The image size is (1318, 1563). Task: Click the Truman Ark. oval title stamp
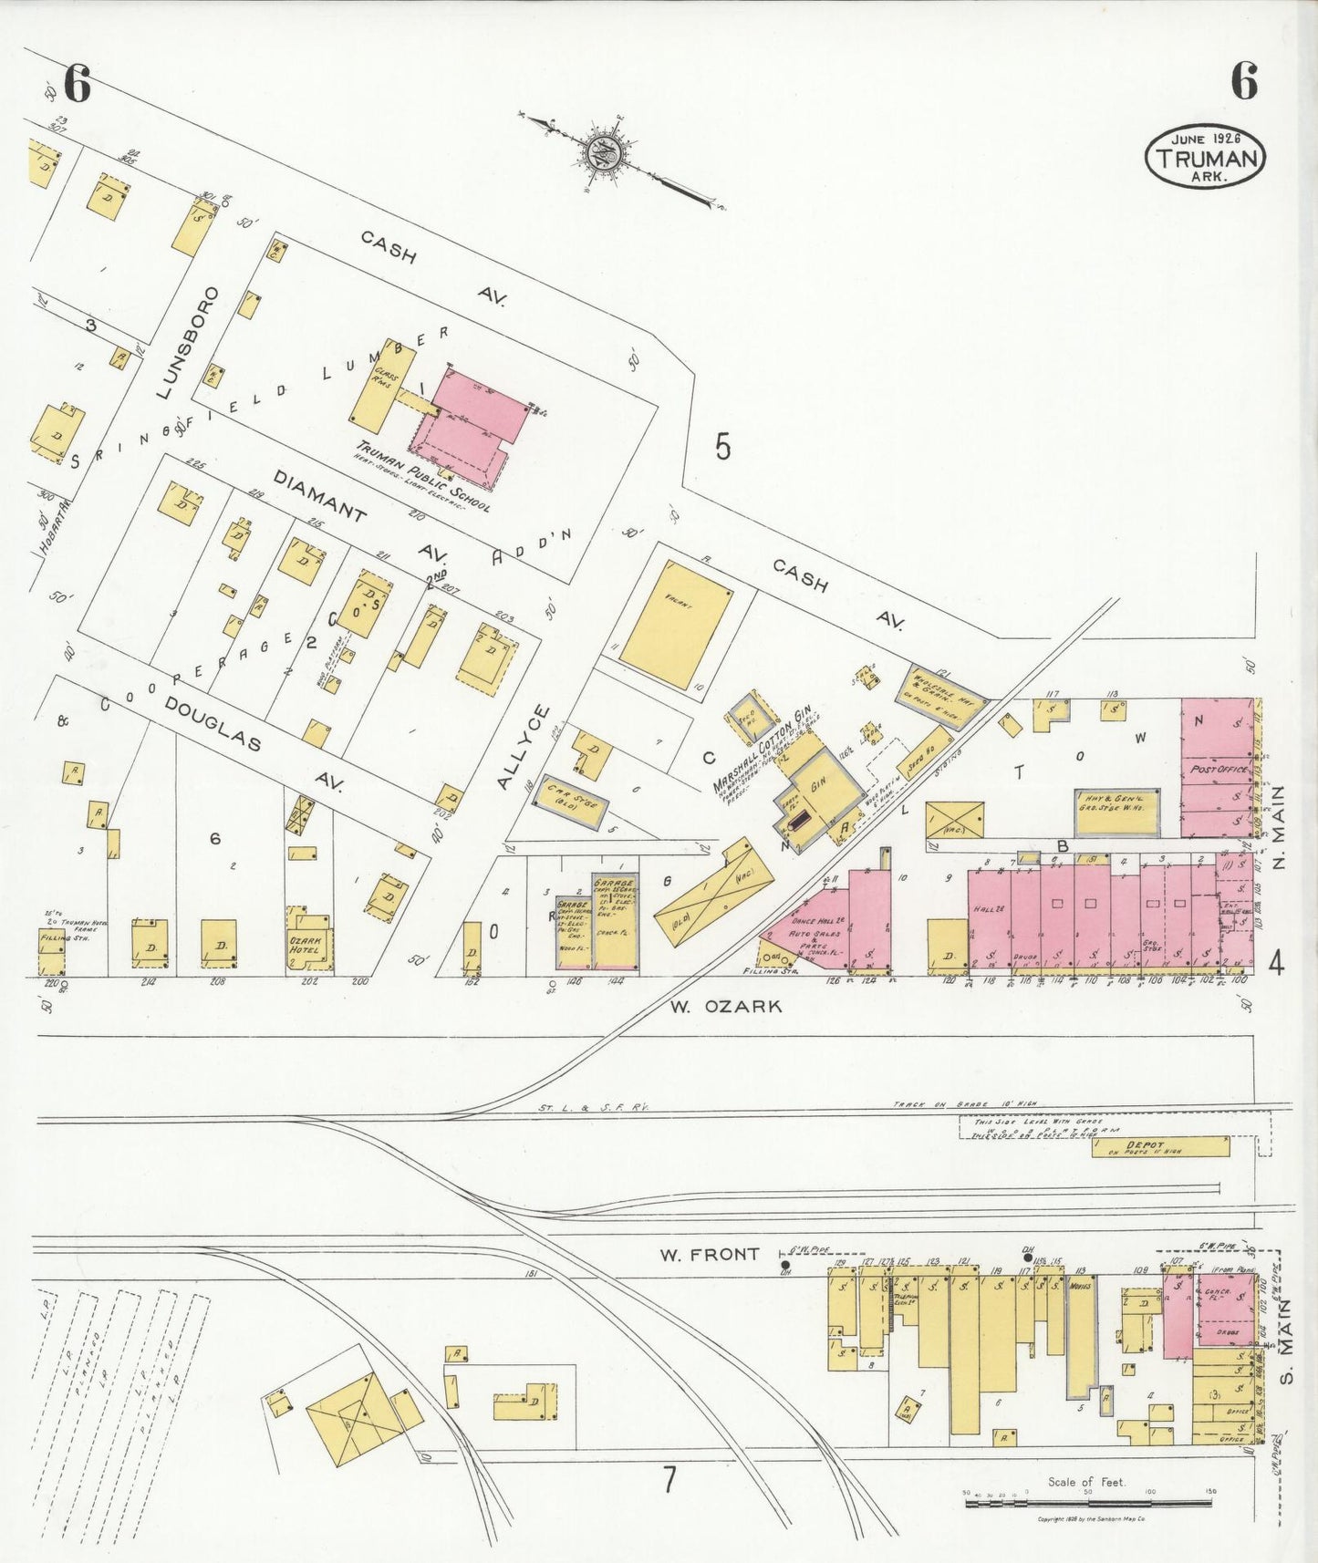(x=1205, y=158)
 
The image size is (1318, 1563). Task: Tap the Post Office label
(x=1219, y=770)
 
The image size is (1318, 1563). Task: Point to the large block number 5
(x=722, y=447)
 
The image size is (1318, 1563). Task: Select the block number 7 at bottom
(x=669, y=1479)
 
